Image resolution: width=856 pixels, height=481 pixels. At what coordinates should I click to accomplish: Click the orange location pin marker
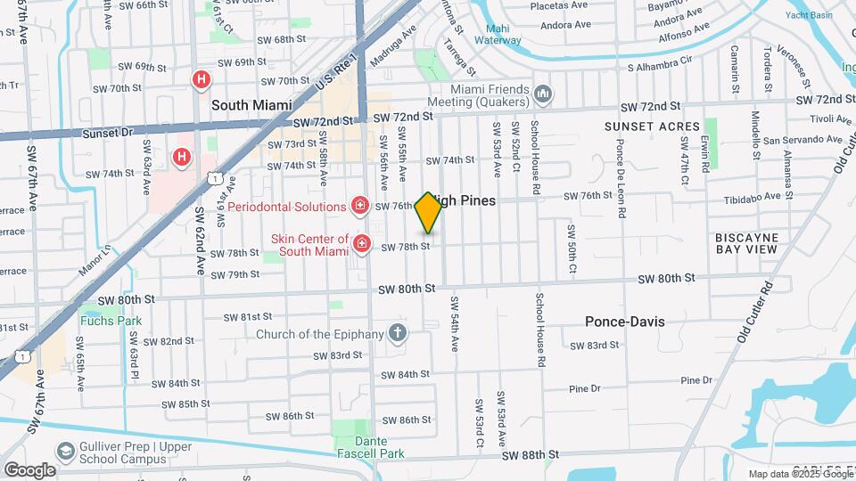428,212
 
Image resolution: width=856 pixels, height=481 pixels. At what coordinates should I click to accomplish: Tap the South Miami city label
251,105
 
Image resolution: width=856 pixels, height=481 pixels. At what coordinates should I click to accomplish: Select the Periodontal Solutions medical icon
360,207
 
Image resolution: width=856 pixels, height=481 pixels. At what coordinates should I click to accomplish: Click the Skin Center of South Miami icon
362,243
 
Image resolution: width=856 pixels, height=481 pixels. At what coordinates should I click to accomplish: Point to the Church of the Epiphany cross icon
398,334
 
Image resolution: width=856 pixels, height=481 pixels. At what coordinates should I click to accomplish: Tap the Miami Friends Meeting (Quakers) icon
544,93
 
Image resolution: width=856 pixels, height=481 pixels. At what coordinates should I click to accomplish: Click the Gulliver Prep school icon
65,452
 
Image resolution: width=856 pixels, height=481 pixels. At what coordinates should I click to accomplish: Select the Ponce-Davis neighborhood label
624,322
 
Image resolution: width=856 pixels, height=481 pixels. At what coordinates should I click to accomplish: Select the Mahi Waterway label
498,33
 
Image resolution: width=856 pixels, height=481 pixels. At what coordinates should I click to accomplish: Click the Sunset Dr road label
107,132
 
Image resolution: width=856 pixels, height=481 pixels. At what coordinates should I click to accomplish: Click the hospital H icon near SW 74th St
182,158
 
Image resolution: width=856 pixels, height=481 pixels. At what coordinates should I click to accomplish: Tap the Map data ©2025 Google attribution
801,474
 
